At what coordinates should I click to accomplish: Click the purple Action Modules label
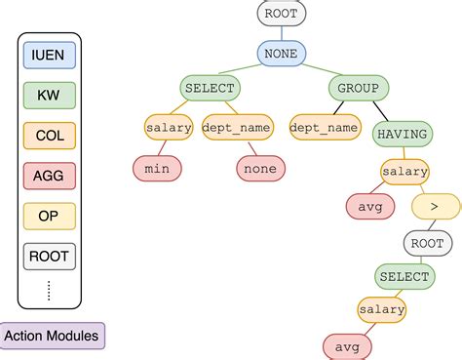coord(53,337)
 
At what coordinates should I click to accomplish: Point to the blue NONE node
coord(283,53)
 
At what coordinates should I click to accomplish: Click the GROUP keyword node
coord(358,89)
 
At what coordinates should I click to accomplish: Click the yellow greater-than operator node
coord(436,207)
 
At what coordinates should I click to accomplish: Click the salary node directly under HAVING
coord(404,172)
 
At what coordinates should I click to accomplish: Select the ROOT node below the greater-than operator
coord(427,243)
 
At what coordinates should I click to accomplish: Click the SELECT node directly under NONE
coord(210,89)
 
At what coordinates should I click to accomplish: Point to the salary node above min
coord(169,127)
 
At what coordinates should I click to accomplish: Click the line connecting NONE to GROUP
coord(320,70)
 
